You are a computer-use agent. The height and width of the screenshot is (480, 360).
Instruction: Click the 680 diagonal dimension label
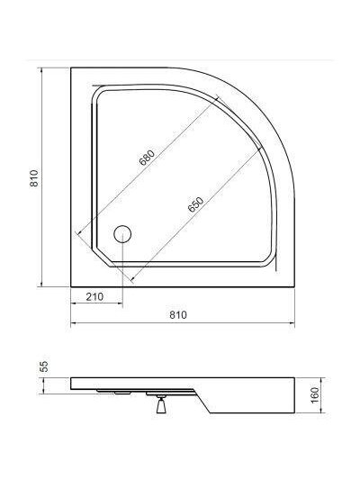147,158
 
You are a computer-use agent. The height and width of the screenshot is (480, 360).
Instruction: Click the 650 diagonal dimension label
196,204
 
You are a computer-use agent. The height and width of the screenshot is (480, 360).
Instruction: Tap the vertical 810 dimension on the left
34,178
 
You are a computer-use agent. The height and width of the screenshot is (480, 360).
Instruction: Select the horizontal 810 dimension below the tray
178,314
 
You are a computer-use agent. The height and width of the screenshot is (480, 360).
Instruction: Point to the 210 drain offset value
94,296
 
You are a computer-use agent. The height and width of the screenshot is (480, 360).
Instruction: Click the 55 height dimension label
45,367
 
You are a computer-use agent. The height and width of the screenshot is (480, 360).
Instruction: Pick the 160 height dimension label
314,395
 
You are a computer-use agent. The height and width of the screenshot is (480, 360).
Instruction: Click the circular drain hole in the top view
122,234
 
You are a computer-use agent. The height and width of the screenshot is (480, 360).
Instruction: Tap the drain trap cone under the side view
161,406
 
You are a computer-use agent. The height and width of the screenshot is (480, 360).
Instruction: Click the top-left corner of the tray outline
71,68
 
